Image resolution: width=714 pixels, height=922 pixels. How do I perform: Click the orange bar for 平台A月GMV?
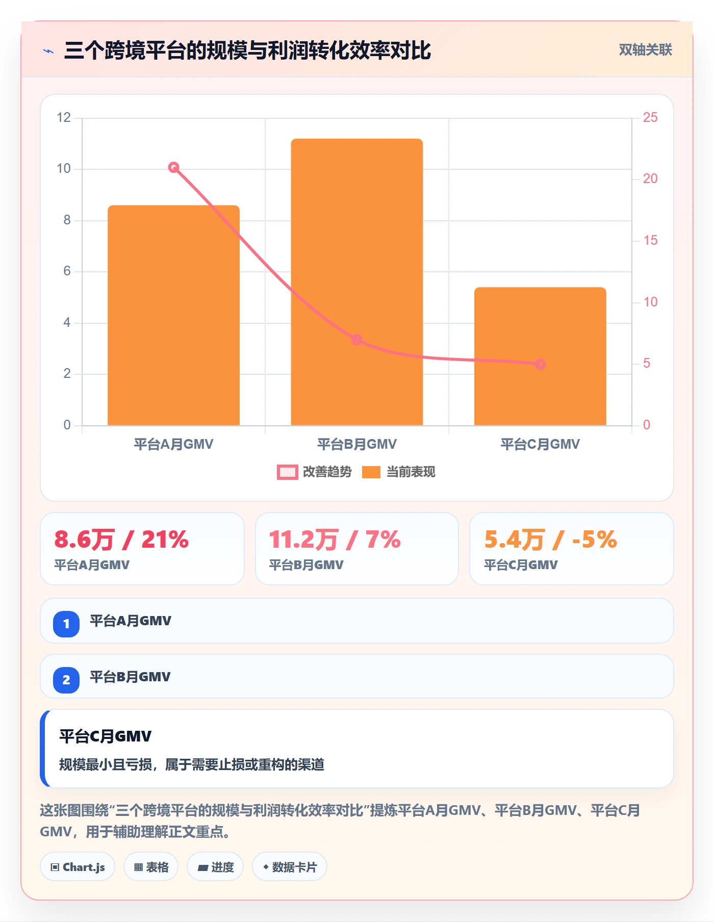pyautogui.click(x=173, y=315)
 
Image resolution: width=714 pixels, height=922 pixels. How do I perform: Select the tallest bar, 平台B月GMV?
pyautogui.click(x=357, y=282)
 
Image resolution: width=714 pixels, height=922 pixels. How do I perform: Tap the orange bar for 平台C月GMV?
pyautogui.click(x=540, y=356)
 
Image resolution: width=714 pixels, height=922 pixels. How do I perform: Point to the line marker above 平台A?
pyautogui.click(x=173, y=167)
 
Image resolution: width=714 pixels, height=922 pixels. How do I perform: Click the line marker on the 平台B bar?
pyautogui.click(x=357, y=340)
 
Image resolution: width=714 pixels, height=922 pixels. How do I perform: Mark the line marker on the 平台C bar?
pyautogui.click(x=540, y=364)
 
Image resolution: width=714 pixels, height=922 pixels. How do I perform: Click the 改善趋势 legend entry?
pyautogui.click(x=314, y=472)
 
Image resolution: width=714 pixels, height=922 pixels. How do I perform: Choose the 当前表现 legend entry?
pyautogui.click(x=398, y=472)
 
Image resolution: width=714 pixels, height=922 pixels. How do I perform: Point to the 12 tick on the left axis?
pyautogui.click(x=64, y=118)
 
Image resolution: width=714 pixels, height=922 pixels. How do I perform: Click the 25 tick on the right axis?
pyautogui.click(x=650, y=118)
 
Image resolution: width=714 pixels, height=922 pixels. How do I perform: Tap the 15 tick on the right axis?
pyautogui.click(x=650, y=241)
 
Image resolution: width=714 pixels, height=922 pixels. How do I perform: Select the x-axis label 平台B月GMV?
pyautogui.click(x=357, y=444)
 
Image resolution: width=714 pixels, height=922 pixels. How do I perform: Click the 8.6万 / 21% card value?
pyautogui.click(x=121, y=540)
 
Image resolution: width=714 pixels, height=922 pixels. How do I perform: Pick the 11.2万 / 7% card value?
pyautogui.click(x=335, y=540)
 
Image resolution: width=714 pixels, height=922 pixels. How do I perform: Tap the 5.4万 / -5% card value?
pyautogui.click(x=550, y=540)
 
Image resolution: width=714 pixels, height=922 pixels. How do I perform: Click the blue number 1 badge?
pyautogui.click(x=66, y=624)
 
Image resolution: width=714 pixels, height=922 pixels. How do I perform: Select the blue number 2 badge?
pyautogui.click(x=66, y=680)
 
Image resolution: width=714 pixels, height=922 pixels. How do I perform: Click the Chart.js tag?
pyautogui.click(x=78, y=867)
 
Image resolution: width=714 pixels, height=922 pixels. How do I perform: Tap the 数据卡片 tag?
pyautogui.click(x=290, y=867)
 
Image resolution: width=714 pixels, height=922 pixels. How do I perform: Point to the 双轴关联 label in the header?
pyautogui.click(x=645, y=50)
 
